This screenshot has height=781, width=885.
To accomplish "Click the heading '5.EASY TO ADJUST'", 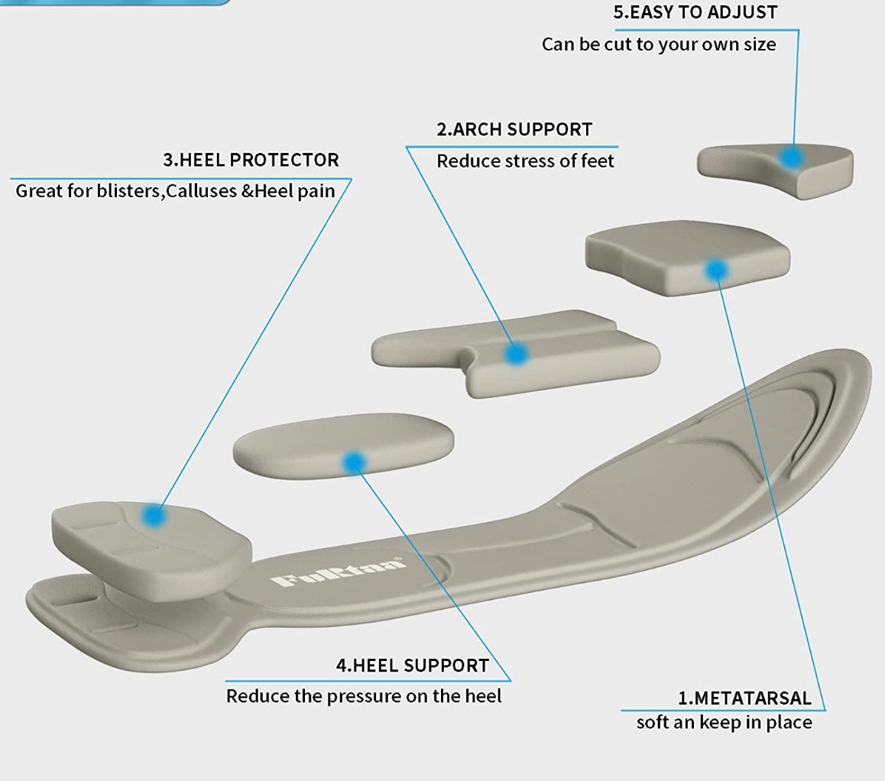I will [695, 12].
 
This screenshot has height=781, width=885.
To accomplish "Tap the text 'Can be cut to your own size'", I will [659, 44].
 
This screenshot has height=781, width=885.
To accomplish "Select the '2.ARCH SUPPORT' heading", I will [514, 129].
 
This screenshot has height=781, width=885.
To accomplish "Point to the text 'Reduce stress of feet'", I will [525, 160].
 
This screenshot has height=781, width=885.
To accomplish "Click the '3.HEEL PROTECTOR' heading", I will [251, 160].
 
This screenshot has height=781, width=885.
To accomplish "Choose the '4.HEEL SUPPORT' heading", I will [412, 665].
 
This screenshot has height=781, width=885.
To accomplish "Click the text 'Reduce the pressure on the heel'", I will [364, 696].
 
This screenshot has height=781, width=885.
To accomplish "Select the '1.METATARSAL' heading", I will [744, 698].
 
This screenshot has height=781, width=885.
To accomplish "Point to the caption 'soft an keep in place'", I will [724, 722].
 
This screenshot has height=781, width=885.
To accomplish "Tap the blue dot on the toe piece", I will [792, 157].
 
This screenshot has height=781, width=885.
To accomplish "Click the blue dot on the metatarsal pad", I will [716, 269].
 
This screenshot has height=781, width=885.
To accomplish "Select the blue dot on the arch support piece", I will [517, 353].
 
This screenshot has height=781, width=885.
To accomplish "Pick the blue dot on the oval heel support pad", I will [354, 461].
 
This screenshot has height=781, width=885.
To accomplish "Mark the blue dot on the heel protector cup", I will [155, 516].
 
